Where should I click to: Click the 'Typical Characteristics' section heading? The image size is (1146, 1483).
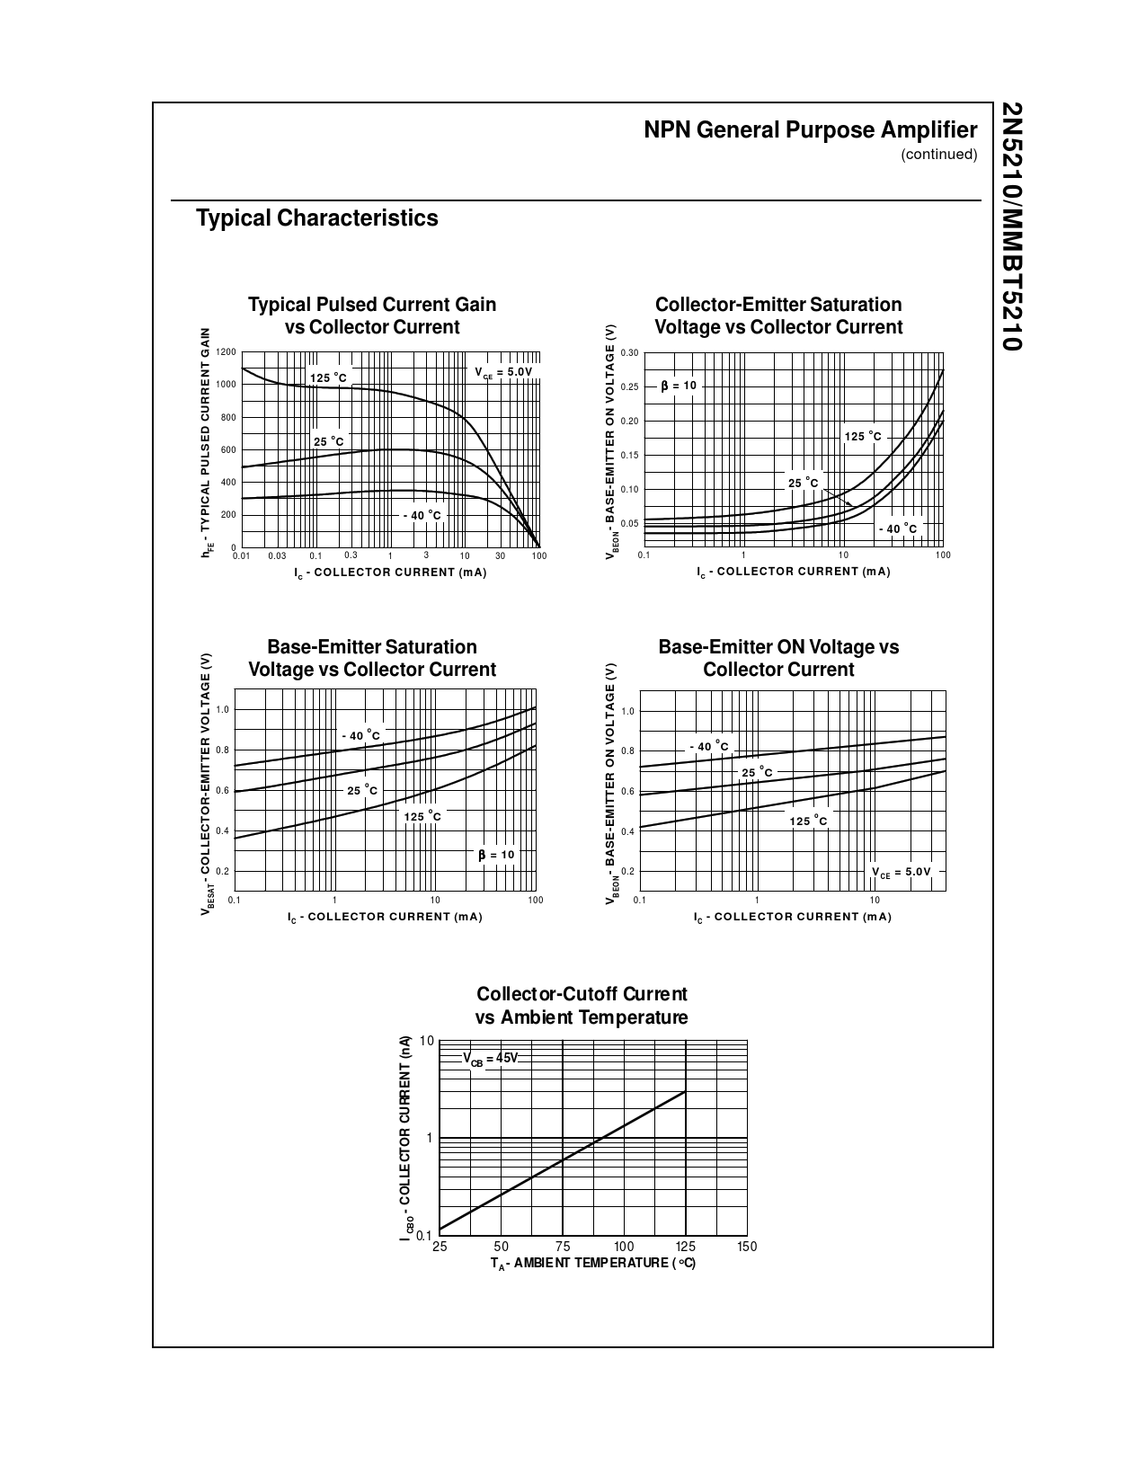coord(317,218)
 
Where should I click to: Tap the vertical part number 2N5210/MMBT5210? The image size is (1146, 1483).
coord(1011,226)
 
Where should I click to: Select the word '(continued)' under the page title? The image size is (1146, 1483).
coord(938,155)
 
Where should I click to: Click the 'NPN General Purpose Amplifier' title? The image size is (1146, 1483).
coord(810,130)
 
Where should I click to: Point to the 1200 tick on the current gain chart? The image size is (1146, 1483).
coord(226,352)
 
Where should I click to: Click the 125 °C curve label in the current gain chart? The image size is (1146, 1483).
coord(328,378)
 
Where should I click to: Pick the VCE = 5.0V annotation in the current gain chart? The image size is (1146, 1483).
coord(503,372)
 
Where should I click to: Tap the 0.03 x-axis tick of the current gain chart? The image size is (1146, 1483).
coord(277,556)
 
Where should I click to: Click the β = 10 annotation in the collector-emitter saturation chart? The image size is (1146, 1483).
coord(679,386)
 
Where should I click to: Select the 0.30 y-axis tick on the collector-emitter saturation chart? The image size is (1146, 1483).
coord(629,352)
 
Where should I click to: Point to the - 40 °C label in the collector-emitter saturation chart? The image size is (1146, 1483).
coord(898,528)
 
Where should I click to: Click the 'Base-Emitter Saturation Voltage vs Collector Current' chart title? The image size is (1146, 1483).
coord(372,658)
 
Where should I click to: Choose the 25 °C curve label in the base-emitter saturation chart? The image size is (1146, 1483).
coord(362,791)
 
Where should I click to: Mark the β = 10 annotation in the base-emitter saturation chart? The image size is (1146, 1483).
coord(496,855)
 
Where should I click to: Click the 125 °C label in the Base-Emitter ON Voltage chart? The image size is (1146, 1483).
coord(809,821)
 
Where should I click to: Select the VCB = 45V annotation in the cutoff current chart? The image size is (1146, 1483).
coord(491,1059)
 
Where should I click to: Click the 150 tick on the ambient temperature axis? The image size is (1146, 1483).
coord(747,1247)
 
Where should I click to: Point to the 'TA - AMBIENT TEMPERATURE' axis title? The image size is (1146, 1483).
coord(593,1264)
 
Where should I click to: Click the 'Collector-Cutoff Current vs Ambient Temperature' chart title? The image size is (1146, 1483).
coord(582,1006)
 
